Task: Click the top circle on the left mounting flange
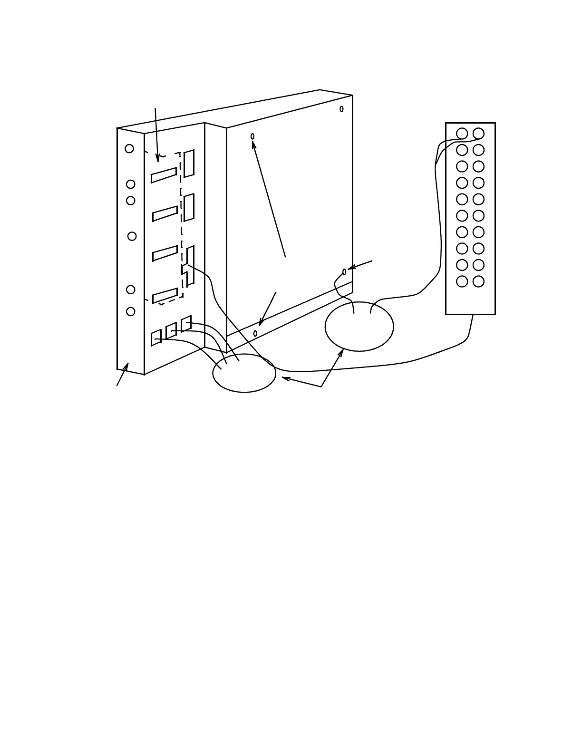[x=129, y=149]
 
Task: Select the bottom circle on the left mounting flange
[x=131, y=311]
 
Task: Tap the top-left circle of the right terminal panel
[x=462, y=134]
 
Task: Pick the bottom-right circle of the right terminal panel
[x=478, y=281]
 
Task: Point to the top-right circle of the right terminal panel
[x=478, y=134]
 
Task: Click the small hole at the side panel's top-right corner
[x=341, y=109]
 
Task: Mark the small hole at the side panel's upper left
[x=252, y=136]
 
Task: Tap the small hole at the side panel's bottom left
[x=255, y=333]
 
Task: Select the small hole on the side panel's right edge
[x=344, y=272]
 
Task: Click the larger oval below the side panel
[x=359, y=327]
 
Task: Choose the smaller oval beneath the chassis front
[x=244, y=373]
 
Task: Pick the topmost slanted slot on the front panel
[x=164, y=175]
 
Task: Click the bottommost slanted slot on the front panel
[x=165, y=296]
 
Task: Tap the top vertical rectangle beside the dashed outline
[x=189, y=164]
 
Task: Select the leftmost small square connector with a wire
[x=156, y=338]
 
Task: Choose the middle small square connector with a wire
[x=171, y=330]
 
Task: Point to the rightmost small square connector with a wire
[x=186, y=324]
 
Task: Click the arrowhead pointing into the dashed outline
[x=157, y=157]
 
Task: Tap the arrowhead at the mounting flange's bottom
[x=126, y=367]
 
